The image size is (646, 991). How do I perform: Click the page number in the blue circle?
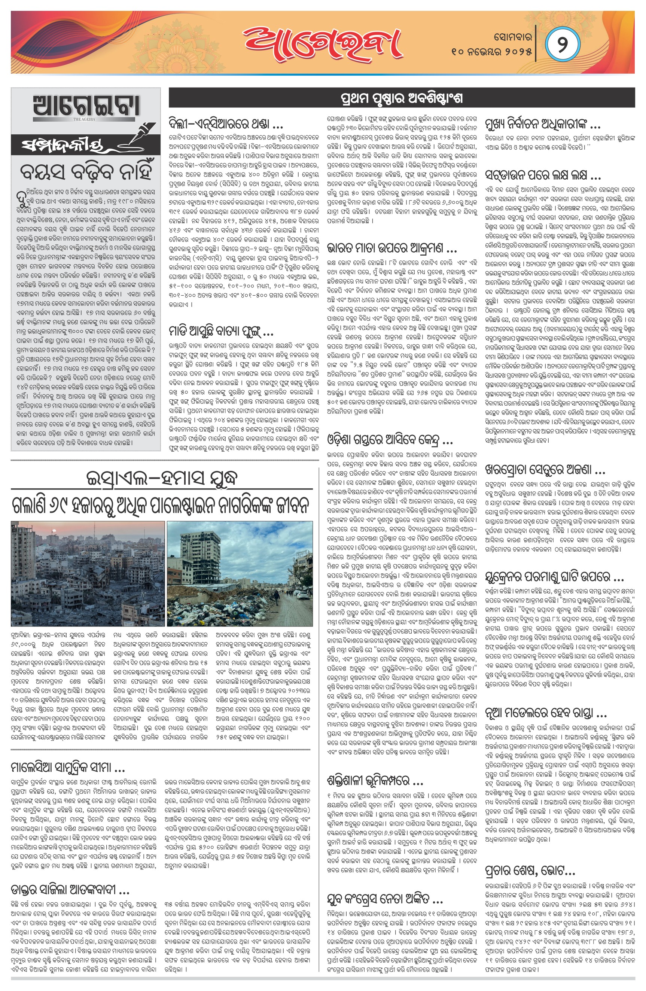pos(562,44)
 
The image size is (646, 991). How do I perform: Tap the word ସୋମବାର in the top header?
pos(513,37)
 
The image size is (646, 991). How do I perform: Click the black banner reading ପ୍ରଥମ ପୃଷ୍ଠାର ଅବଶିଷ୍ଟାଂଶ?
pos(402,98)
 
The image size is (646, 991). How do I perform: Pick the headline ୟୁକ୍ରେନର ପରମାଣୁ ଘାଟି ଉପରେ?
pos(554,577)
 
